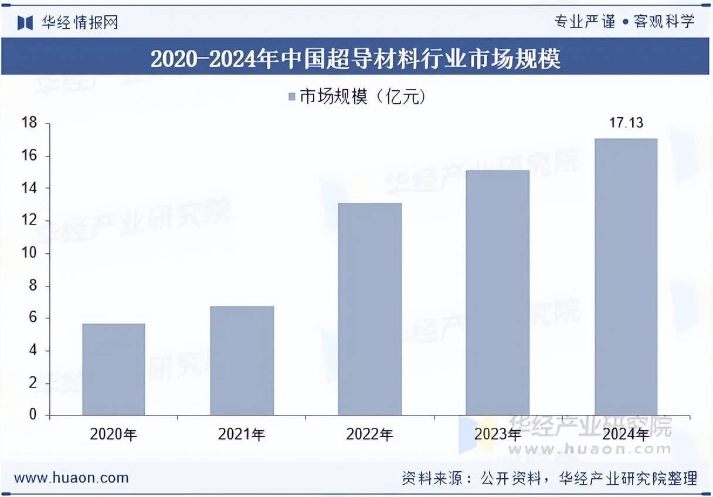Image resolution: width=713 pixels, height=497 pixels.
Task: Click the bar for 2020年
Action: point(113,369)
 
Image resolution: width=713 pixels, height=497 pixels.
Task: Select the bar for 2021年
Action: point(242,360)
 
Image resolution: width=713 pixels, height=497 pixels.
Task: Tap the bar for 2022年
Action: point(369,309)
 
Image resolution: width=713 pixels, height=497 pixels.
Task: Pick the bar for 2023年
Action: point(497,292)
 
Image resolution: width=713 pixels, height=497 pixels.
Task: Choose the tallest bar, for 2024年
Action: point(626,277)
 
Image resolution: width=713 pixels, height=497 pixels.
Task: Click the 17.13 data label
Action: point(626,123)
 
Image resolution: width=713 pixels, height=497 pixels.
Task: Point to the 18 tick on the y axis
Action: point(29,123)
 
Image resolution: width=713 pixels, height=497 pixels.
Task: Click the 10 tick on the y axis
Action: point(29,253)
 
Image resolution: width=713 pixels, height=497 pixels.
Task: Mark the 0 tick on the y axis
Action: point(33,415)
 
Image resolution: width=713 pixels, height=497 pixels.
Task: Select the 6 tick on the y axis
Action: point(33,318)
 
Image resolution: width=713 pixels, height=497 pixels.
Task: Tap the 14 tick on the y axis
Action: point(29,188)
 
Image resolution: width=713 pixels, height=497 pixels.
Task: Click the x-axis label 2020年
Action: point(113,434)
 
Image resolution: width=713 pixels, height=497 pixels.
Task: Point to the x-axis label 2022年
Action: point(369,434)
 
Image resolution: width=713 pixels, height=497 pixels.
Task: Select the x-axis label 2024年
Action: point(626,434)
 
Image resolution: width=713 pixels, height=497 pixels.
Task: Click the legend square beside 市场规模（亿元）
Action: point(292,97)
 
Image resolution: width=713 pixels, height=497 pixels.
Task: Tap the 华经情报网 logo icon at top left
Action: point(25,23)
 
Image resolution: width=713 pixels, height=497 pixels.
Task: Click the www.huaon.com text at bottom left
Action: point(71,478)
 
